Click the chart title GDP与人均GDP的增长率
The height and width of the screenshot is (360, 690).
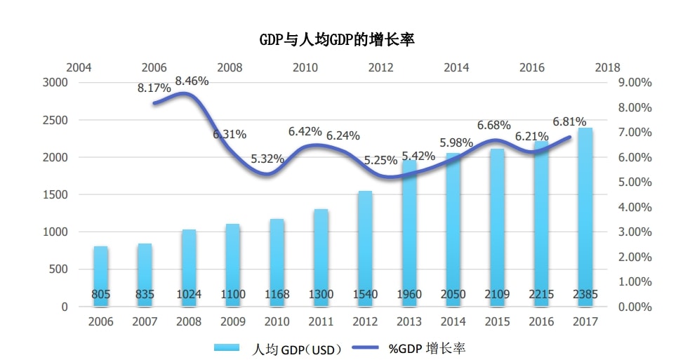tap(337, 39)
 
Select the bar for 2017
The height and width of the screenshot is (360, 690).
tap(585, 218)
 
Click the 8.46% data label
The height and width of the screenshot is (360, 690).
tap(192, 81)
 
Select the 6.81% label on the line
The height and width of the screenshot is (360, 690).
tap(569, 121)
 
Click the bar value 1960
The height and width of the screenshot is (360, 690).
tap(409, 295)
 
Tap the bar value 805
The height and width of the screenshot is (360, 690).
tap(101, 295)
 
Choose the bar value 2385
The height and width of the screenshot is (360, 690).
tap(585, 295)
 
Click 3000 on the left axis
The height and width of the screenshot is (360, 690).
tap(55, 83)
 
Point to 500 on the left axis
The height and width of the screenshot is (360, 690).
tap(59, 269)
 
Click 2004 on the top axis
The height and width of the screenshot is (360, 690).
tap(79, 68)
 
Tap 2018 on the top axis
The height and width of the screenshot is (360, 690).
tap(607, 68)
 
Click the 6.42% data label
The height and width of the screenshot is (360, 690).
tap(305, 131)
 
